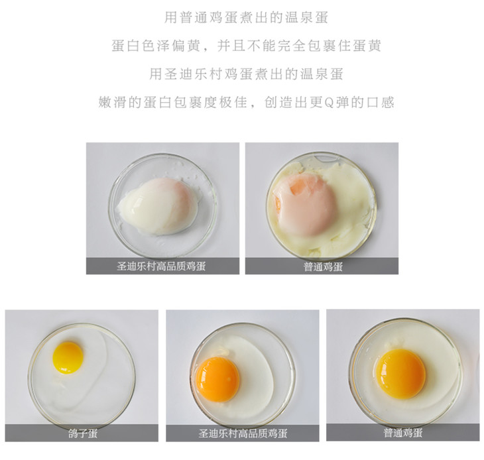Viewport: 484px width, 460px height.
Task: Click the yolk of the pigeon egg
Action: coord(68,357)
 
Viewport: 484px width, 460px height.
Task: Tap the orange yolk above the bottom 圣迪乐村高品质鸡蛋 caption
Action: coord(217,380)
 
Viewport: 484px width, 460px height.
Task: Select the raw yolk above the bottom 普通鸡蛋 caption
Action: coord(401,374)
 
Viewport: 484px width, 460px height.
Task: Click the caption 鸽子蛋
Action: coord(83,433)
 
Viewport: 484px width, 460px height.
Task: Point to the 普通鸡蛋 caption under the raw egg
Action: coord(403,433)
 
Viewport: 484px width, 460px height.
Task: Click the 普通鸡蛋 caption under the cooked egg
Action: coord(323,266)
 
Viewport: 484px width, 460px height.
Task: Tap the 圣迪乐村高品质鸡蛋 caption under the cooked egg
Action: coord(161,266)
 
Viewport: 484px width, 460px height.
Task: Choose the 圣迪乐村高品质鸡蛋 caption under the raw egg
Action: coord(243,433)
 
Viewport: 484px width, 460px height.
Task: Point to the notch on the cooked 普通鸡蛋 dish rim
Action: coord(325,158)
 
